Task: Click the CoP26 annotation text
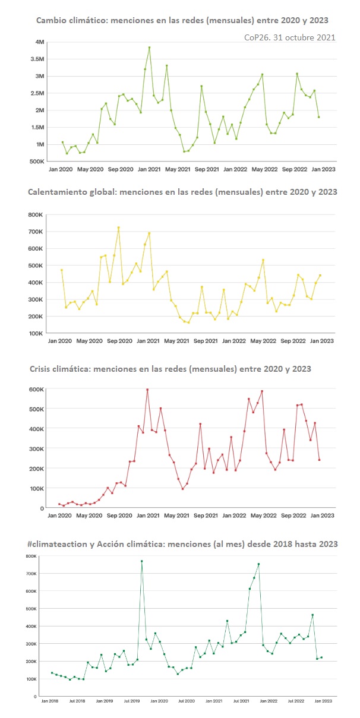[x=290, y=37]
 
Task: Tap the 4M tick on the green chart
[x=40, y=42]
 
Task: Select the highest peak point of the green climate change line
[x=149, y=48]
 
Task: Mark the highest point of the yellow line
[x=118, y=227]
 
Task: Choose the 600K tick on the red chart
[x=36, y=389]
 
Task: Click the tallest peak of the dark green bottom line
[x=141, y=561]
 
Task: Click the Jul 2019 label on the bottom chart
[x=132, y=701]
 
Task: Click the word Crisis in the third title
[x=41, y=369]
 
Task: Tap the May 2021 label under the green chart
[x=178, y=169]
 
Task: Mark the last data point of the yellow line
[x=320, y=275]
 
